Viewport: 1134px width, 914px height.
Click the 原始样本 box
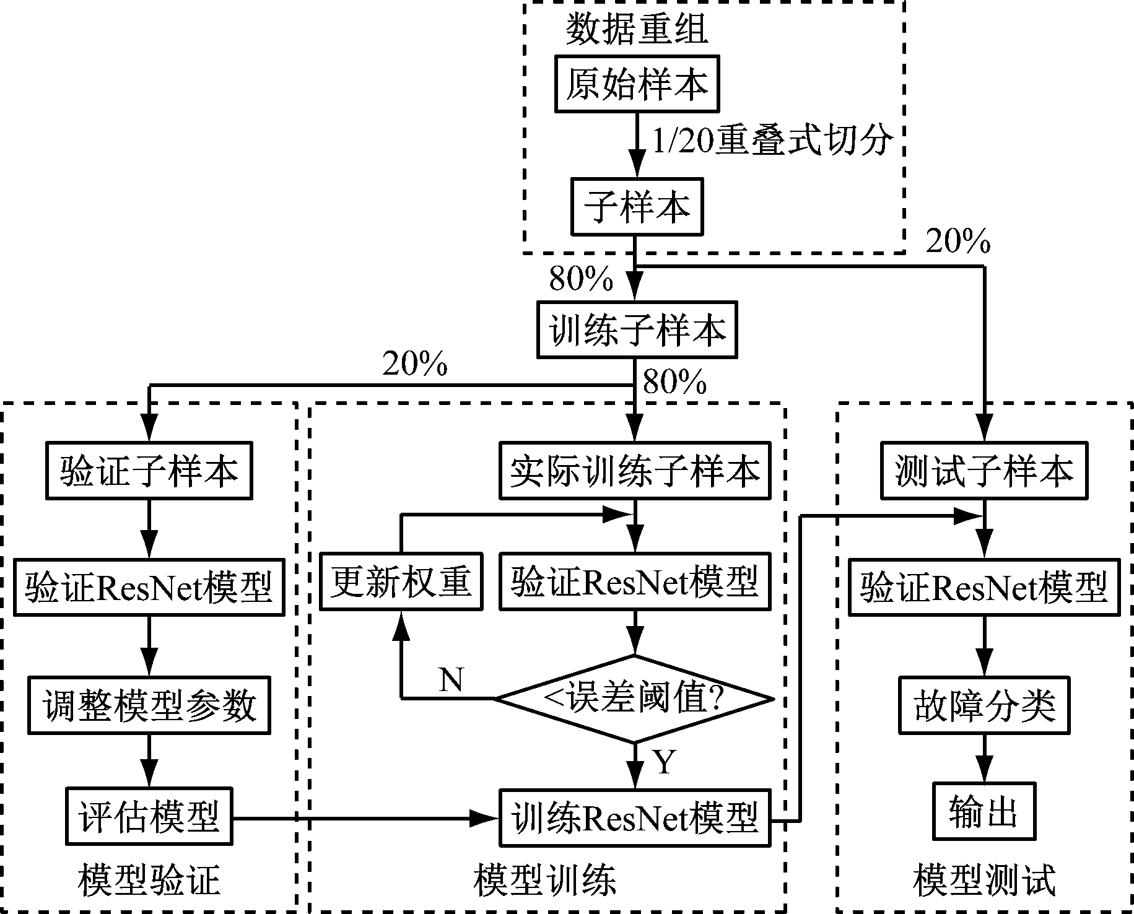[x=637, y=84]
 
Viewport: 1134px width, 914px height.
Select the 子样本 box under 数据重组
[x=637, y=207]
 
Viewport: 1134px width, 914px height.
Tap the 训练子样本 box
[x=637, y=330]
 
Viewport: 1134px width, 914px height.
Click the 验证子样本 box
[x=149, y=471]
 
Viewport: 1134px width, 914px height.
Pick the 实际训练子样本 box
[x=635, y=471]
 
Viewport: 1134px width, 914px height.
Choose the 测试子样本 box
[x=984, y=471]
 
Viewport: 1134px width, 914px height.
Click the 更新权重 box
[x=401, y=582]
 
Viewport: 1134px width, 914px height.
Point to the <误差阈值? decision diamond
[x=635, y=699]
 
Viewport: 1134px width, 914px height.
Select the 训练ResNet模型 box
[x=635, y=817]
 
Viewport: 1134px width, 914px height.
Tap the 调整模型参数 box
[x=149, y=705]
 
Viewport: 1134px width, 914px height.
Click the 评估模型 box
[x=149, y=816]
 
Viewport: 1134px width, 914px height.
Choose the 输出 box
[x=984, y=811]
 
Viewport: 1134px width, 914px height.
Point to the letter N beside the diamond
[x=450, y=680]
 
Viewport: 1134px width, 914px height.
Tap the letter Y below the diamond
[x=664, y=762]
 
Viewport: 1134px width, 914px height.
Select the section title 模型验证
[x=149, y=880]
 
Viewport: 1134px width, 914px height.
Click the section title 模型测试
[x=984, y=880]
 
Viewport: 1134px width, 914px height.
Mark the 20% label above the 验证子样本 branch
[x=414, y=364]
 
